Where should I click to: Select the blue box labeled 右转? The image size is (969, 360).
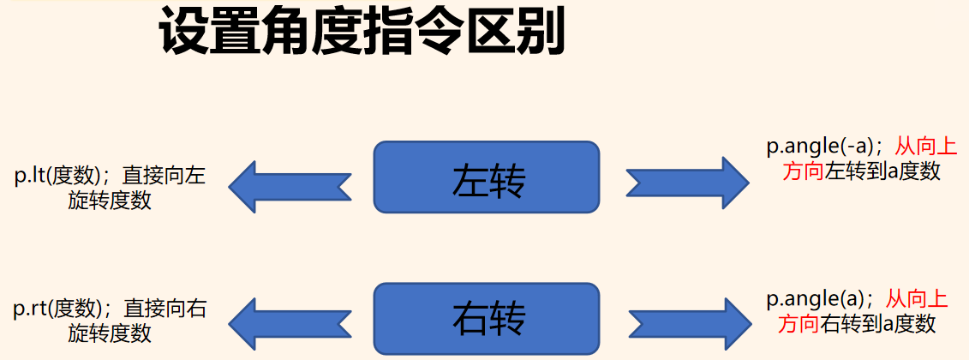tap(487, 317)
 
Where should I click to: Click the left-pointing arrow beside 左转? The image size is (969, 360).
tap(289, 185)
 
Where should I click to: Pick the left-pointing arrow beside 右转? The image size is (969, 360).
tap(289, 325)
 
